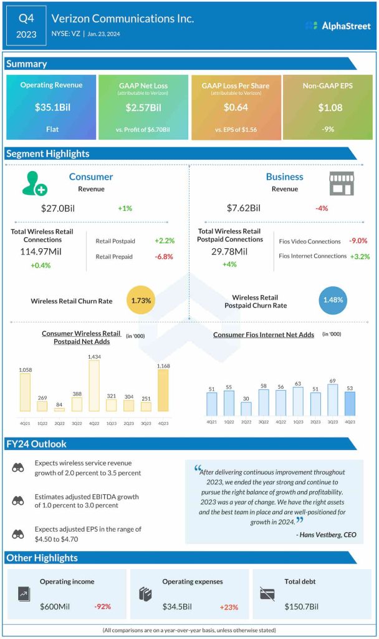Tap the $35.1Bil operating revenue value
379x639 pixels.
click(x=52, y=107)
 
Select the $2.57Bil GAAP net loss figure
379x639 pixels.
click(x=144, y=107)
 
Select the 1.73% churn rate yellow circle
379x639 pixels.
click(x=141, y=300)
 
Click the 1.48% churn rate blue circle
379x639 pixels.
click(x=332, y=300)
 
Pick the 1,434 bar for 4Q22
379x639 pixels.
click(x=94, y=386)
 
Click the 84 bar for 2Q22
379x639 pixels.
click(x=59, y=409)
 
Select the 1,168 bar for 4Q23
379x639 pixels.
click(x=163, y=391)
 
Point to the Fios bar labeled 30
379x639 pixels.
click(x=246, y=409)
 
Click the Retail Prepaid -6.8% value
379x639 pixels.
click(x=165, y=256)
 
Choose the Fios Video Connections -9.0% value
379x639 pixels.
click(x=358, y=241)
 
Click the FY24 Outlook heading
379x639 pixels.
click(x=37, y=444)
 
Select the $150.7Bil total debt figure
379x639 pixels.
click(x=305, y=606)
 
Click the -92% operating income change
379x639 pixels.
click(x=103, y=607)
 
